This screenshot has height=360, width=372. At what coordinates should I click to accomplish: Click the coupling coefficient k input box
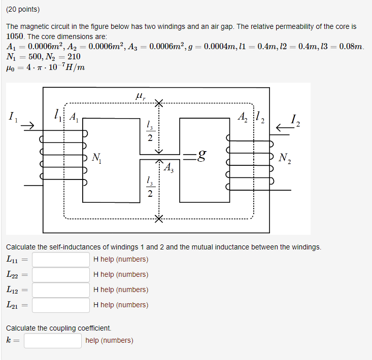point(53,340)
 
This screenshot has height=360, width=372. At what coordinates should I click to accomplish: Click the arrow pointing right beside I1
point(28,125)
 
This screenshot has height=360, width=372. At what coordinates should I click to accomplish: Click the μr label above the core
point(141,95)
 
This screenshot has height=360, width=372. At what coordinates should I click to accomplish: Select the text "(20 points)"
point(23,10)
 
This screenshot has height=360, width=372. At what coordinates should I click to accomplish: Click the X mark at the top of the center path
point(159,103)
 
